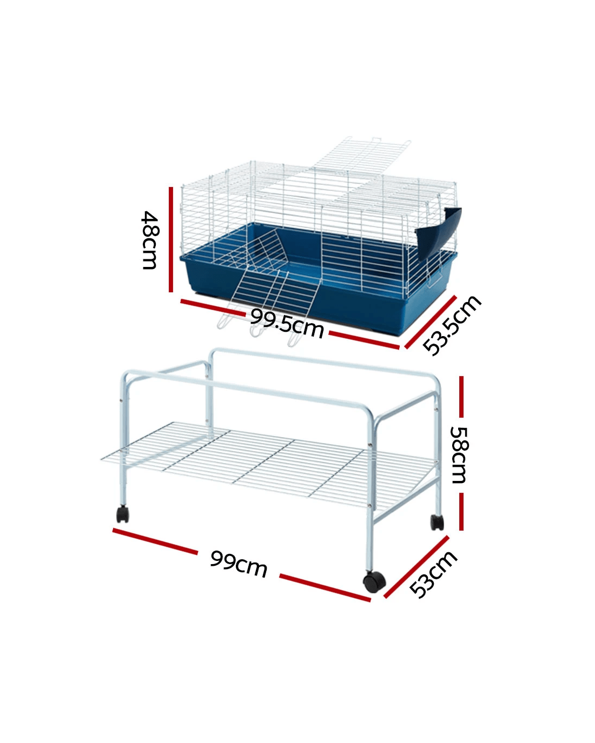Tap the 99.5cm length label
(x=287, y=324)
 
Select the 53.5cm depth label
(x=452, y=325)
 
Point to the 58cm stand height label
(x=459, y=454)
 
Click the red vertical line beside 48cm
(x=171, y=239)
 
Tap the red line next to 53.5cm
(x=431, y=322)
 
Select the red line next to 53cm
(x=416, y=567)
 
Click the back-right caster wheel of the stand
(x=437, y=522)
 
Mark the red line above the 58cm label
(x=461, y=397)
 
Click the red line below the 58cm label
(x=461, y=511)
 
